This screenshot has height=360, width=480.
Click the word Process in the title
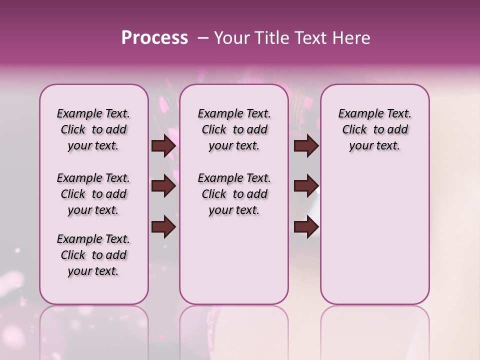coord(154,38)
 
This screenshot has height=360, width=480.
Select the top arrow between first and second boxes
coord(163,146)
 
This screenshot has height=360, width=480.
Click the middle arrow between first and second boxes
coord(163,186)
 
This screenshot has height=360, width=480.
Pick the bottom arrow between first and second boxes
coord(163,227)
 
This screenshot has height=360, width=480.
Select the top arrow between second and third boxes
coord(306,146)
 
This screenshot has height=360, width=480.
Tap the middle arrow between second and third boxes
coord(306,186)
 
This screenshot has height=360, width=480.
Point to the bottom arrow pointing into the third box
coord(306,227)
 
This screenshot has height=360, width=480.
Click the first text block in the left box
coord(93,129)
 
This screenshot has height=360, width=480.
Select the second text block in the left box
coord(93,194)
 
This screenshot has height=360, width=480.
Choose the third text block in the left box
coord(93,255)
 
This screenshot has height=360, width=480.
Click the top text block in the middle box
coord(234,129)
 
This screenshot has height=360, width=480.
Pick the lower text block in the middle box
coord(234,194)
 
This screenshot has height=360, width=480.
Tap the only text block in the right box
coord(375,129)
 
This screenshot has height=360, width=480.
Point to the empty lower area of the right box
coord(375,235)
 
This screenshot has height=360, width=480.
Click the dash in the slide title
coord(203,38)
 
